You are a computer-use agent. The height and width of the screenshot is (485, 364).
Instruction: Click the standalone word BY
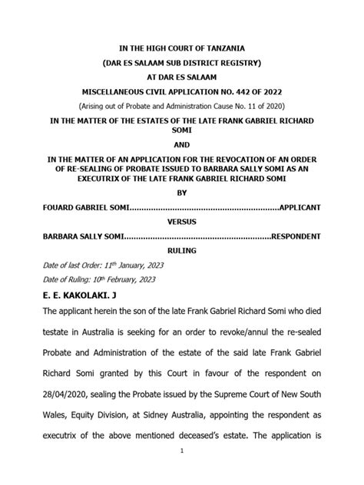click(182, 193)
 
